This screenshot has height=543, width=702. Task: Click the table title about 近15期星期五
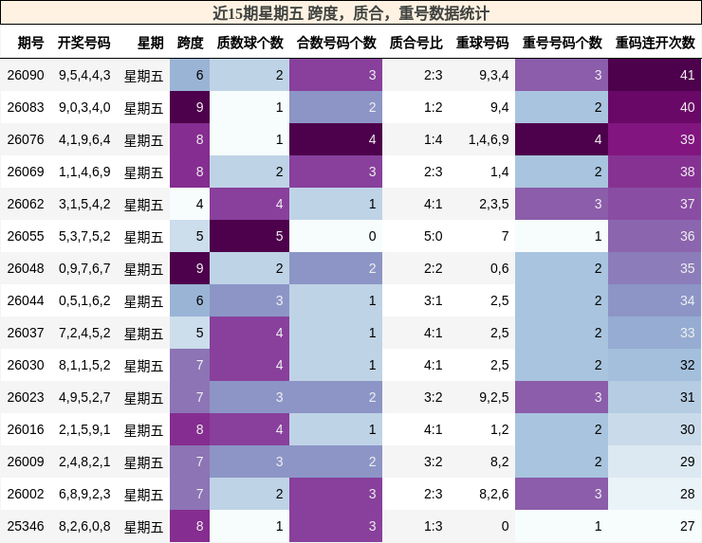pos(351,13)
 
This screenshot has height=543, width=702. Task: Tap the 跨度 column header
pos(190,43)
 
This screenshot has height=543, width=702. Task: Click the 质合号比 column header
pos(416,43)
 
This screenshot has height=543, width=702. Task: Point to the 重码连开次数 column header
pos(655,43)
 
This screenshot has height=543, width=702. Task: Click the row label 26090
pos(26,75)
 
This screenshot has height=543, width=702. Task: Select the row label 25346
pos(26,526)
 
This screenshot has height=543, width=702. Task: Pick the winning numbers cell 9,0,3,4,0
pos(83,107)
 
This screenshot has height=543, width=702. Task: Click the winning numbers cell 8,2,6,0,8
pos(83,526)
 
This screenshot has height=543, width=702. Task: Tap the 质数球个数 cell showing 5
pos(249,236)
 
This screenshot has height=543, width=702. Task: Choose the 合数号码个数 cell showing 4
pos(336,139)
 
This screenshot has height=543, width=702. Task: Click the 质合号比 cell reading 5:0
pos(416,236)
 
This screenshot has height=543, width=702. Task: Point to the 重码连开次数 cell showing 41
pos(656,75)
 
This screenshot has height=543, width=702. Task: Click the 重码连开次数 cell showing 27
pos(656,526)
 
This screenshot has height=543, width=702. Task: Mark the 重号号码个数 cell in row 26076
pos(562,139)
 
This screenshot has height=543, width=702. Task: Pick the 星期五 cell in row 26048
pos(144,268)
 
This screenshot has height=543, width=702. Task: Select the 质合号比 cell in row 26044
pos(416,300)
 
